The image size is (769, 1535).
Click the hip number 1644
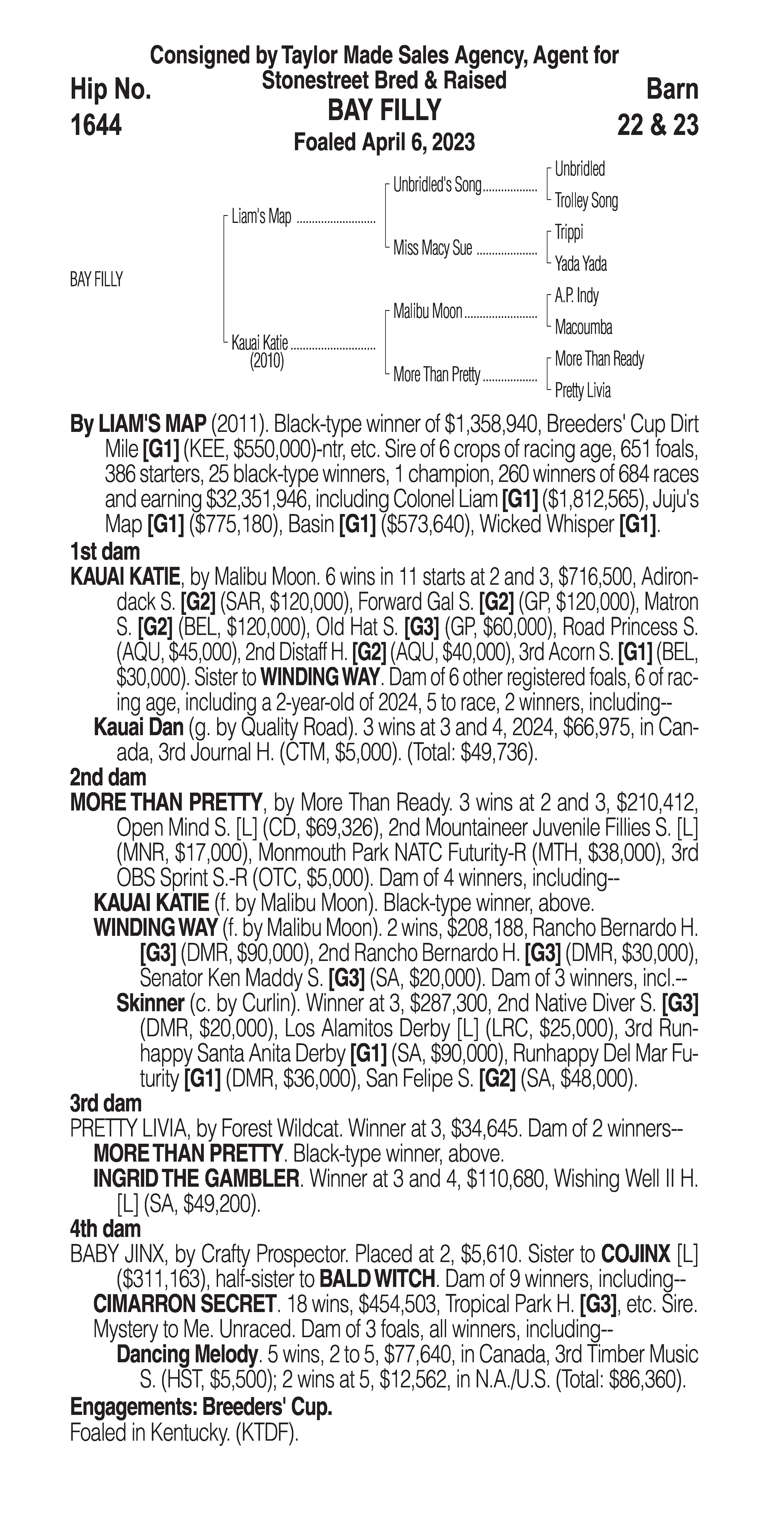click(96, 125)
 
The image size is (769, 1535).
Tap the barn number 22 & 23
click(658, 125)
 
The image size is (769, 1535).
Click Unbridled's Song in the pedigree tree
click(437, 185)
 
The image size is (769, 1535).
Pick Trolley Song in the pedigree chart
click(586, 201)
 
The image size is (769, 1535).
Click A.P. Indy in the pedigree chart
click(577, 296)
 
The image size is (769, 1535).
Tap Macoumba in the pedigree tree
click(583, 327)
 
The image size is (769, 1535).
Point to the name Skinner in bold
click(150, 1003)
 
